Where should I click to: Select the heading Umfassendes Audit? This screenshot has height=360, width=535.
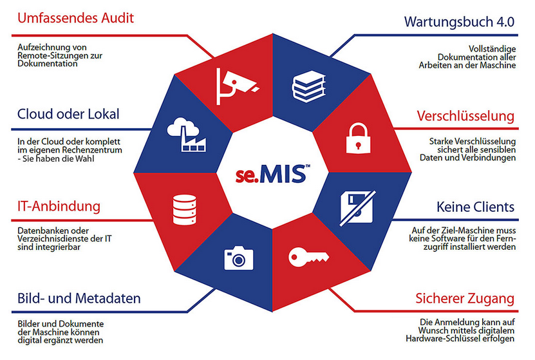pyautogui.click(x=75, y=18)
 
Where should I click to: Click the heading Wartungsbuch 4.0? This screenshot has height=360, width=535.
pyautogui.click(x=459, y=21)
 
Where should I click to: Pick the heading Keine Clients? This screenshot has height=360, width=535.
pyautogui.click(x=475, y=207)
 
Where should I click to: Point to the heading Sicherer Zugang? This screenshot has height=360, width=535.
pyautogui.click(x=465, y=299)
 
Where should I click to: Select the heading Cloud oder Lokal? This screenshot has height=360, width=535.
pyautogui.click(x=68, y=114)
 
